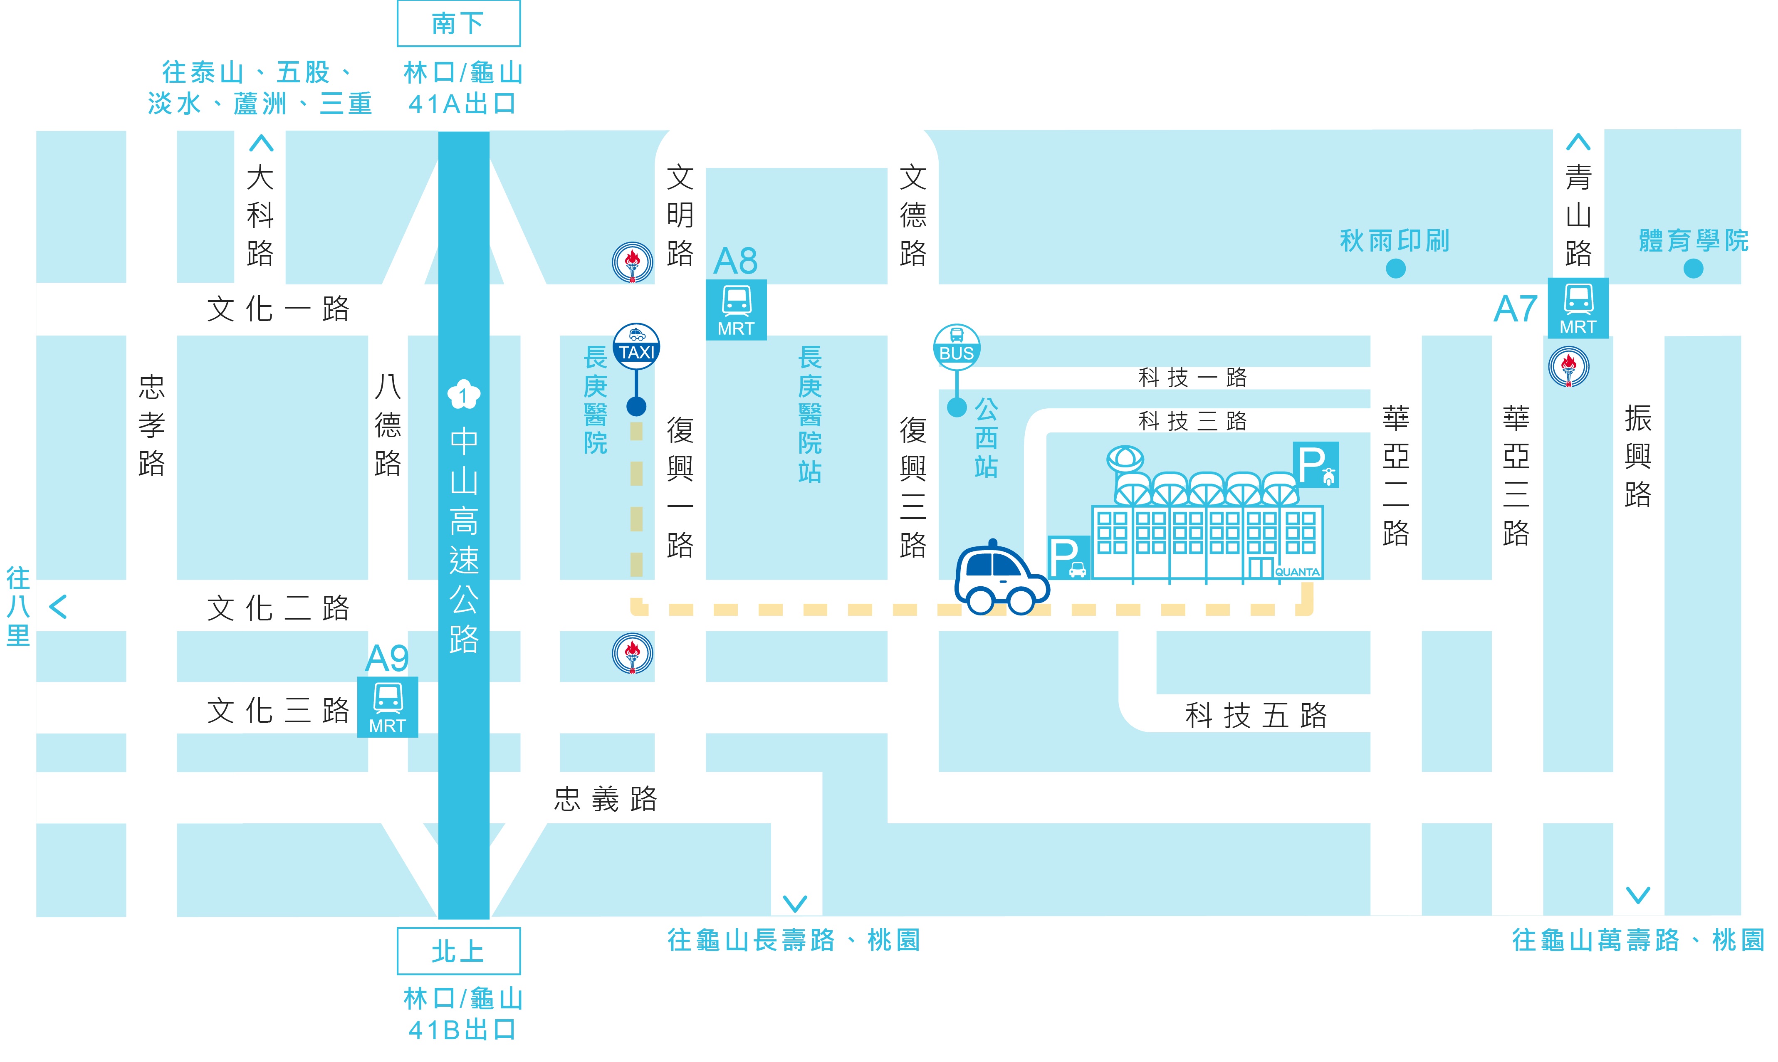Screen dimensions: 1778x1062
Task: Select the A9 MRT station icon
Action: pyautogui.click(x=387, y=707)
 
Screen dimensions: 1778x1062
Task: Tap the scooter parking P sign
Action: pyautogui.click(x=1316, y=465)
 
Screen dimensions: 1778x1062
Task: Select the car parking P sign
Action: pyautogui.click(x=1068, y=557)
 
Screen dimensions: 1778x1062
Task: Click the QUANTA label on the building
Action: pyautogui.click(x=1297, y=572)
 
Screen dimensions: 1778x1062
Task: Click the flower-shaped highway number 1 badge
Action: pyautogui.click(x=464, y=394)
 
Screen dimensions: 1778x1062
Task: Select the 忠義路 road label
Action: pyautogui.click(x=606, y=799)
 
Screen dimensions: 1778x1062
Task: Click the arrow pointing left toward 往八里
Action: pyautogui.click(x=58, y=607)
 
